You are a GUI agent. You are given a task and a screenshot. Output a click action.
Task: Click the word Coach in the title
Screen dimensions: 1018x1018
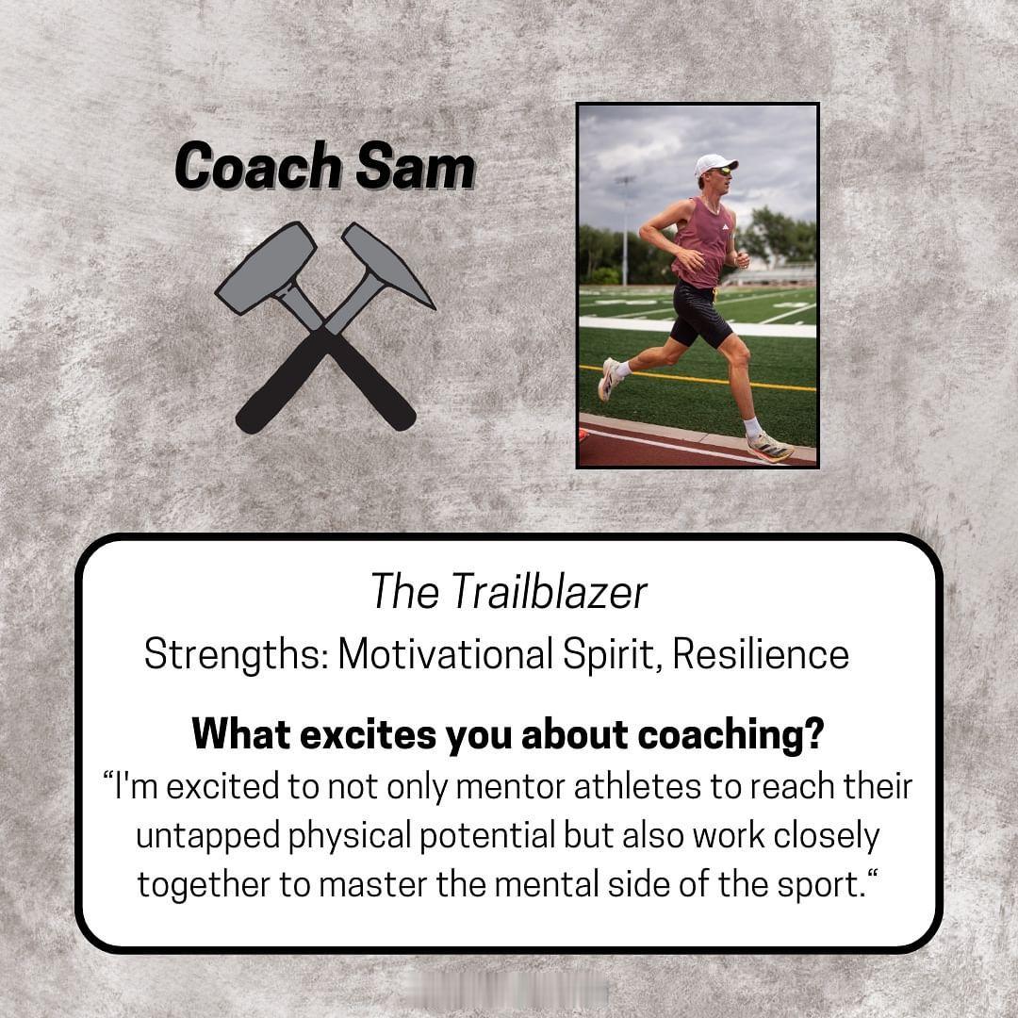click(x=257, y=166)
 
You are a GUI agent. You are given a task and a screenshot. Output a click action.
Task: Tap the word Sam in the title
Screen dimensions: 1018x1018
click(x=416, y=166)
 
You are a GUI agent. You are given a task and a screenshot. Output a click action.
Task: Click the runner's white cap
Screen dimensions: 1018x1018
click(x=714, y=164)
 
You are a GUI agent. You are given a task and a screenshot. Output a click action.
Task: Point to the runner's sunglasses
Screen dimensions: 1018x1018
click(x=721, y=172)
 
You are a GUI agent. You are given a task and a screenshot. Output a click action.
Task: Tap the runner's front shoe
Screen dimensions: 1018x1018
click(x=769, y=447)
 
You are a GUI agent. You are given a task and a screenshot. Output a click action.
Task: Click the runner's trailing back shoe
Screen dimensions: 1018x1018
click(x=609, y=379)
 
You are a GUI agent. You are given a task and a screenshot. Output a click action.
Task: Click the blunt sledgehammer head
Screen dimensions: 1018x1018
click(x=266, y=266)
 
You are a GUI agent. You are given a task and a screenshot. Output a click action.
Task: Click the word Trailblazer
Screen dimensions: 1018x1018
click(x=549, y=591)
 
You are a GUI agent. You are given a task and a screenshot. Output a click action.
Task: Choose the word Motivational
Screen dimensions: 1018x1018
click(x=445, y=653)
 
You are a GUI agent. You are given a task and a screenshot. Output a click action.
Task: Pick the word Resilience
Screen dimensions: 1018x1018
click(x=761, y=653)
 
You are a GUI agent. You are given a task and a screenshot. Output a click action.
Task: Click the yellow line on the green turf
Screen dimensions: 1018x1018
click(x=698, y=379)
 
